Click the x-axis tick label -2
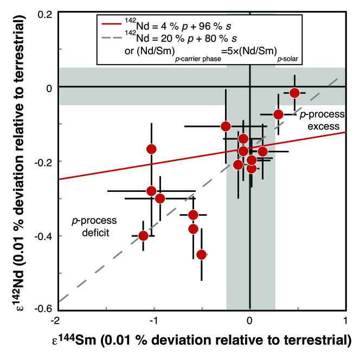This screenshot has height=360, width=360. click(58, 319)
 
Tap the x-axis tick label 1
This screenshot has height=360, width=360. click(345, 319)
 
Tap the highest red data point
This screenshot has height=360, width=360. click(294, 93)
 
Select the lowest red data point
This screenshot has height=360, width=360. click(202, 254)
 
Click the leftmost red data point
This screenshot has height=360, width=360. click(143, 235)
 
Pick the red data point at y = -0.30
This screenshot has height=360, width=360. click(160, 198)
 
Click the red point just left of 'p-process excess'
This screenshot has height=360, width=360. click(278, 114)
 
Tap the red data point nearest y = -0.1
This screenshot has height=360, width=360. click(226, 126)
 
